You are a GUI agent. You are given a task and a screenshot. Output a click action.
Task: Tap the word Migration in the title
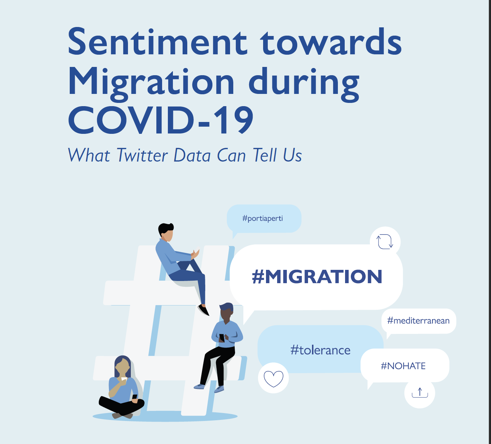point(151,82)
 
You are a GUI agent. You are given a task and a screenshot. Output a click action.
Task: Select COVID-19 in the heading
point(161,120)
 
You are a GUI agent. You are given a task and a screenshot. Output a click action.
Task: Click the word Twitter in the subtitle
point(142,155)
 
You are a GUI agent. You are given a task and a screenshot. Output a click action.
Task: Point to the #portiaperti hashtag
point(263,218)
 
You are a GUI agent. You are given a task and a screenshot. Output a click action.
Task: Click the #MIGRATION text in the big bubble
point(317,277)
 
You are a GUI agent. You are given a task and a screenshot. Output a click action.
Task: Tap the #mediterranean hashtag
point(418,321)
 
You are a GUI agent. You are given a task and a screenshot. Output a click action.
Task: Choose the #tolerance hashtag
point(320,350)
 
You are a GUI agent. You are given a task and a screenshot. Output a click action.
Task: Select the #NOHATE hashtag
point(403,366)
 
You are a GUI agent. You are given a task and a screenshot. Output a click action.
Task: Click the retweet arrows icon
point(385,242)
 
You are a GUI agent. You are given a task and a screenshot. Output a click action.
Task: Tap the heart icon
point(273,379)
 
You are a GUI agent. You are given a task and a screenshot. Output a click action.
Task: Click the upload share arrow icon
point(420,393)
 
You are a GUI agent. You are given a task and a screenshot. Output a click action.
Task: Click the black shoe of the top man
point(203,310)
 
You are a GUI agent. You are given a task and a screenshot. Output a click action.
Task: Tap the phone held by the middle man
point(222,338)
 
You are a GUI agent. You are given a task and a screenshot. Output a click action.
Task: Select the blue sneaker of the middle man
point(219,389)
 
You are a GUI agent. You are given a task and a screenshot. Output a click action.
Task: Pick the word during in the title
point(304,82)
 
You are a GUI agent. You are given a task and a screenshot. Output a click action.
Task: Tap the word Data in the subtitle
point(192,155)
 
